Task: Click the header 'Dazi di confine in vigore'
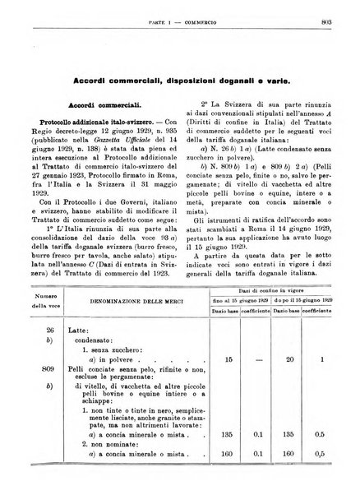pyautogui.click(x=284, y=281)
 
